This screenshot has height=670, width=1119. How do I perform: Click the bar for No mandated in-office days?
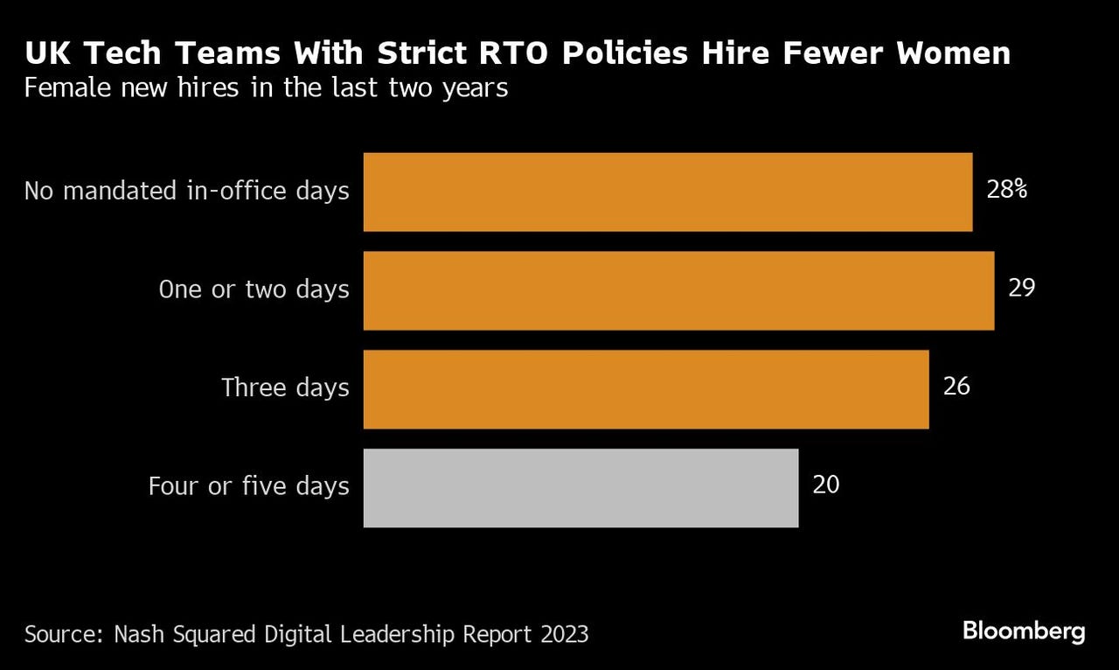coord(668,192)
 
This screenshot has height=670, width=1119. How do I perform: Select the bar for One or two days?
coord(678,290)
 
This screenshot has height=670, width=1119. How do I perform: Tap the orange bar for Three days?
coord(646,389)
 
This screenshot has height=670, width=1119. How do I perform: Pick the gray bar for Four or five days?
coord(580,488)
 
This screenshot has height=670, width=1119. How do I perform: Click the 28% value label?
coord(1006,190)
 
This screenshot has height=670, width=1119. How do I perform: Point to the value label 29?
coord(1021,288)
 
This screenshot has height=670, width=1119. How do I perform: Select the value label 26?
coord(956,387)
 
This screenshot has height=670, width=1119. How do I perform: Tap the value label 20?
coord(826,485)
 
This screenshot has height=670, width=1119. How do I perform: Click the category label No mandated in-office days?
coord(186,191)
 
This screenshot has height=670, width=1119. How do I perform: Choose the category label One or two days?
coord(254,290)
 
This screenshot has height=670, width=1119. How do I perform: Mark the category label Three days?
coord(285,387)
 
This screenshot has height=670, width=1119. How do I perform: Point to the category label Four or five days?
coord(248,486)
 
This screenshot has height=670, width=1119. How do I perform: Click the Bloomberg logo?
coord(1024,632)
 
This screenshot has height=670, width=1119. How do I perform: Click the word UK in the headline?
coord(43,54)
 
